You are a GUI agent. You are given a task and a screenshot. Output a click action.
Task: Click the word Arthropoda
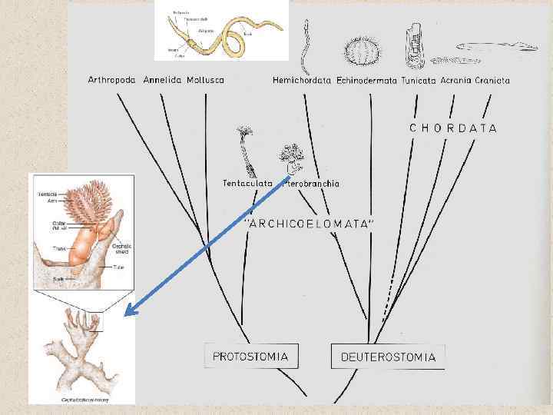point(112,80)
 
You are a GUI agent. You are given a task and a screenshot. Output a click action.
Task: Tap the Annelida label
point(161,80)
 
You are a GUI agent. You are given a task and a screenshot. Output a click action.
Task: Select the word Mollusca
point(206,80)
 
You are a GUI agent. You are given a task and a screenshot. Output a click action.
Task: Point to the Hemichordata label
point(302,80)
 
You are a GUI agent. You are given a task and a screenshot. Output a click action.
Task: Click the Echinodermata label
point(366,80)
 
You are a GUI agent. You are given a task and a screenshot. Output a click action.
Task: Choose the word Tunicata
point(419,80)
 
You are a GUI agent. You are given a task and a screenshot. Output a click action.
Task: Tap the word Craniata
point(492,80)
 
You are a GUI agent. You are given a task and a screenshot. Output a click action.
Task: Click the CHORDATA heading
point(453,128)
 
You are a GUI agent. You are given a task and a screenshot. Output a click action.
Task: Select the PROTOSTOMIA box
point(251,357)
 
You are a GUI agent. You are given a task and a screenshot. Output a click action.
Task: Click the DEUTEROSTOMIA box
point(388,357)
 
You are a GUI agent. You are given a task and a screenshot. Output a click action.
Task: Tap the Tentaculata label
point(247,183)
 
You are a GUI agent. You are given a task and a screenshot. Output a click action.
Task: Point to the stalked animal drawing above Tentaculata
point(246,151)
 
